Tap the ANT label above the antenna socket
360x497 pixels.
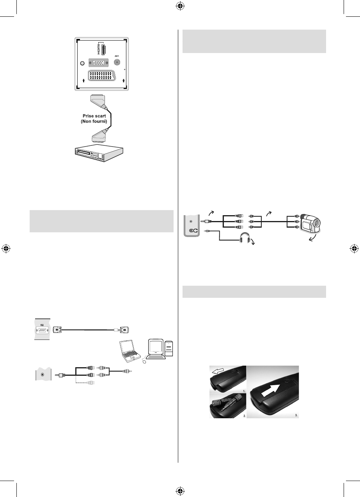[117, 55]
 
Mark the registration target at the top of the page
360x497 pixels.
[179, 7]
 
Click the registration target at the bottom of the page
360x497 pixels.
[179, 490]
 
